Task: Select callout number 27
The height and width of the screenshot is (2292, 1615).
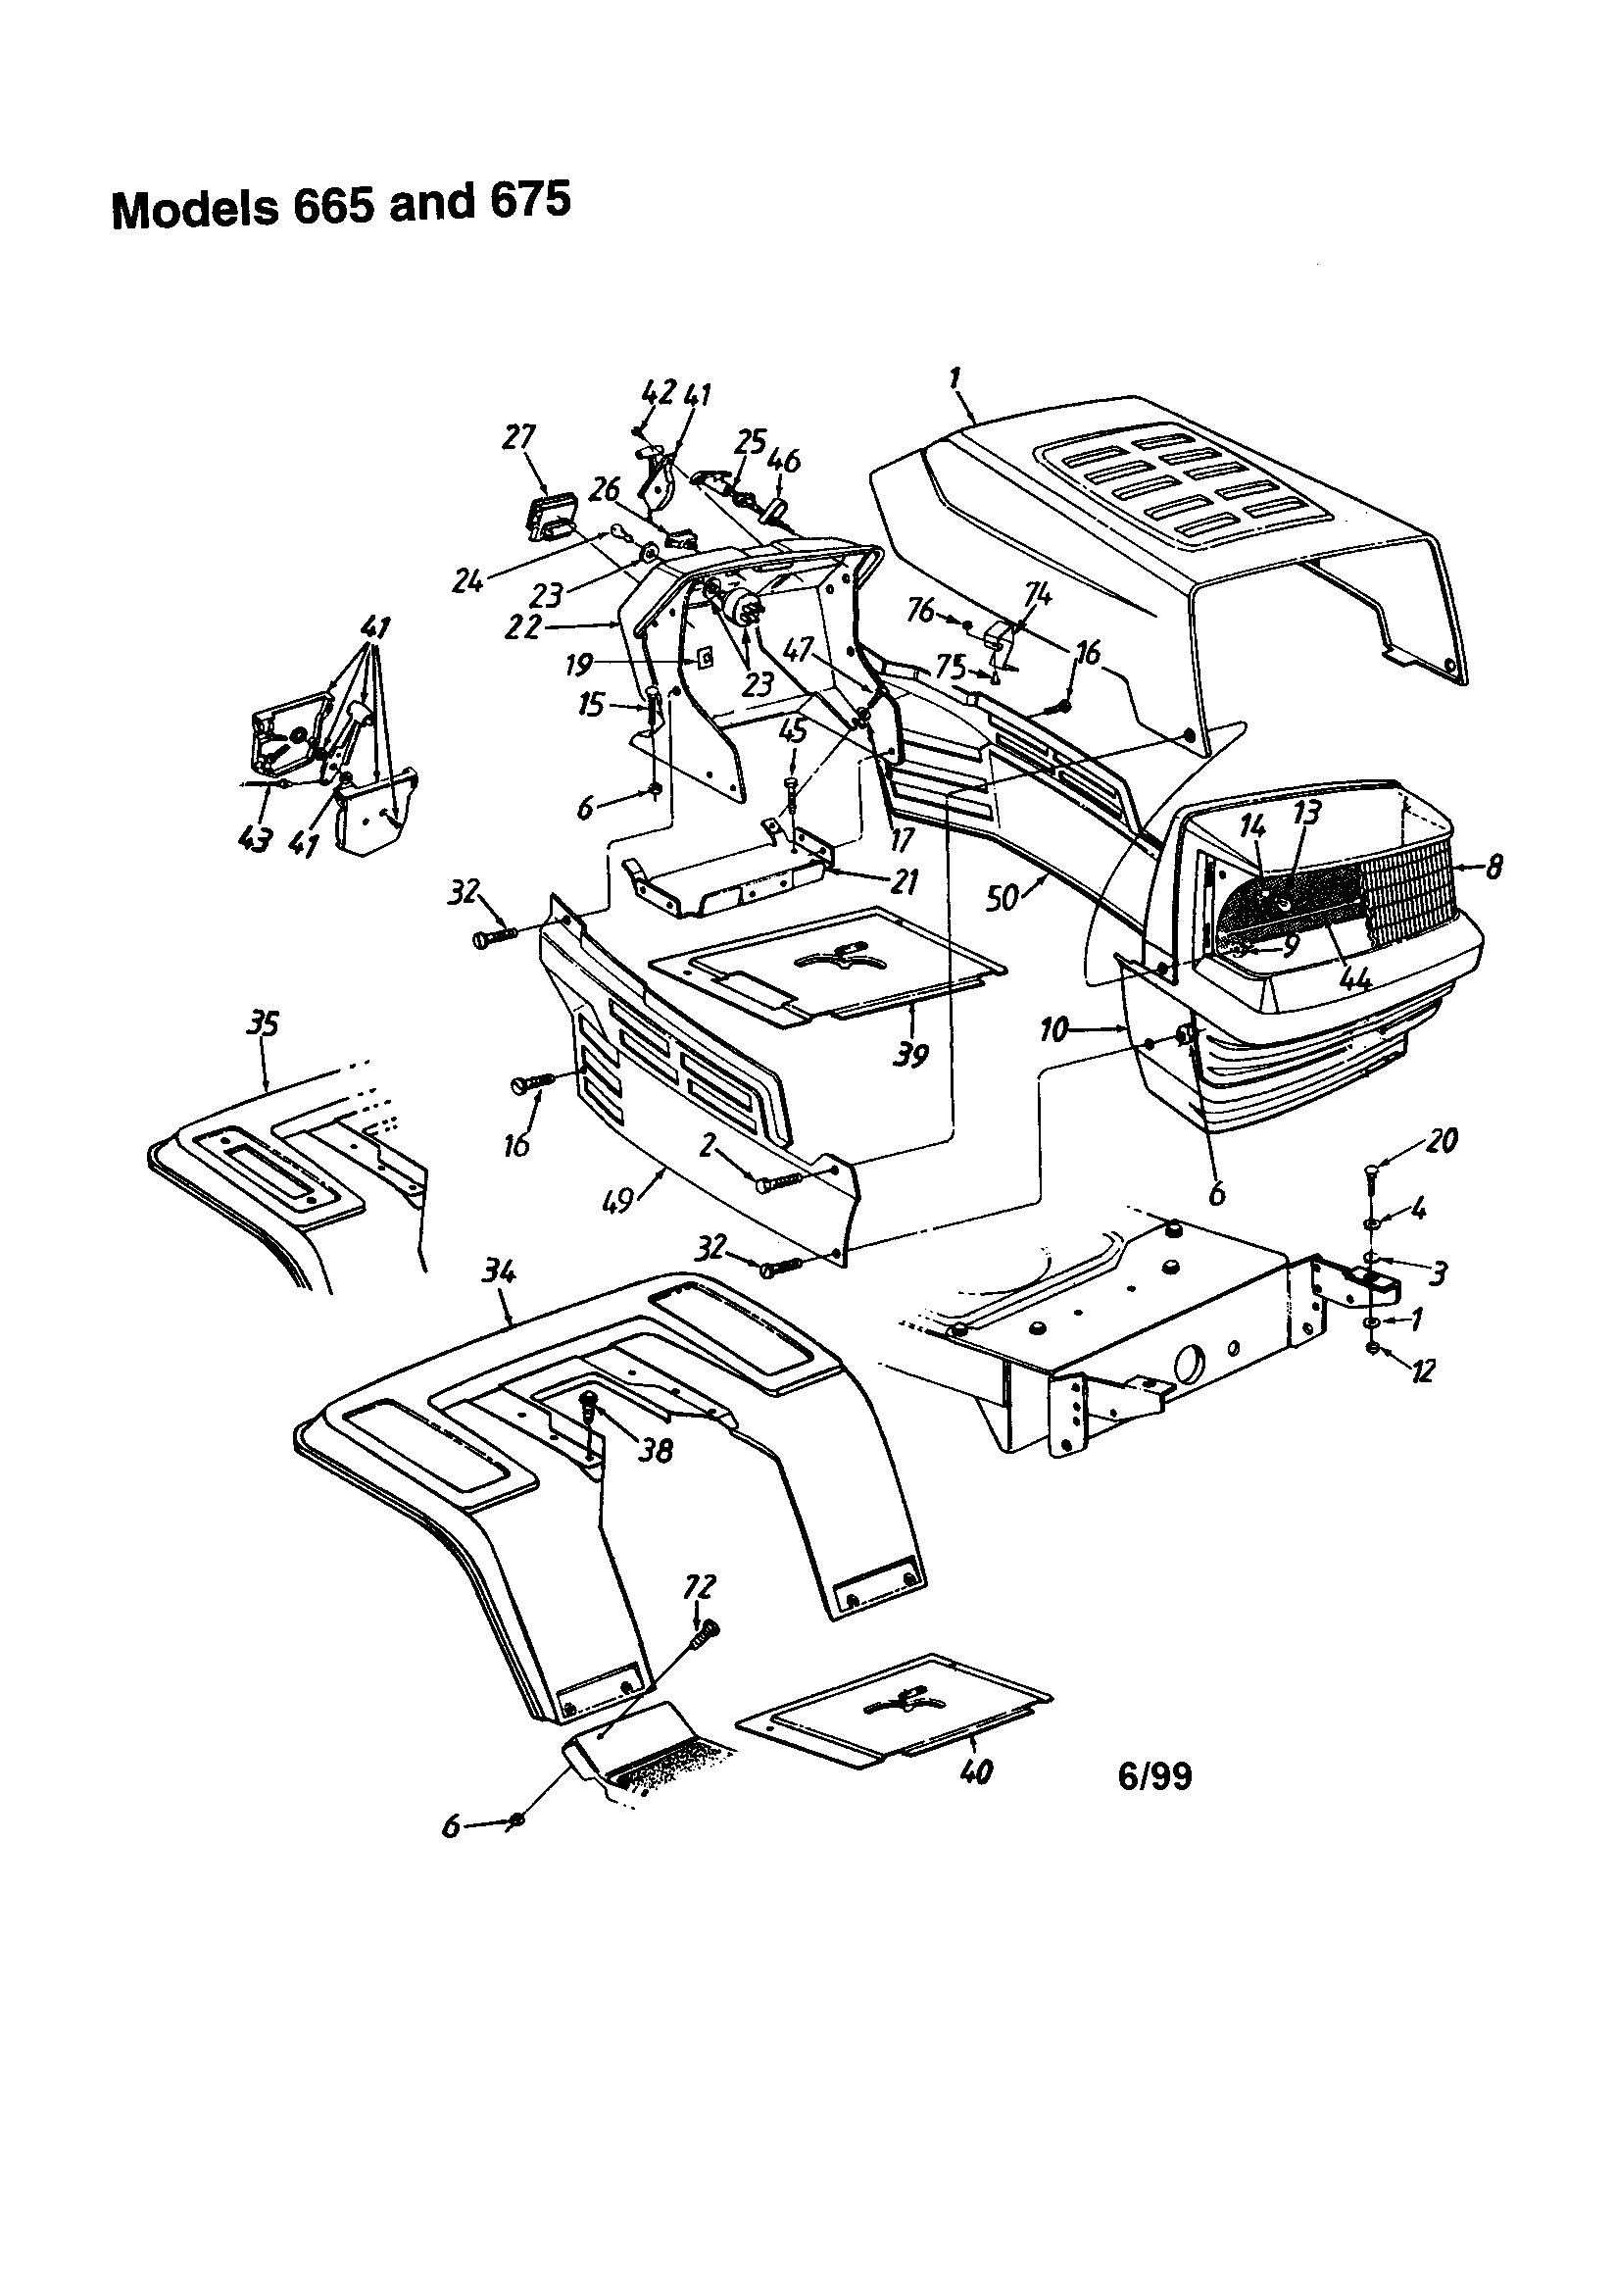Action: click(520, 437)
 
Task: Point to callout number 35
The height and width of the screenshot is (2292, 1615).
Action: click(264, 1023)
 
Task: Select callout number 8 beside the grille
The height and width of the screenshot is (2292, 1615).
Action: click(1493, 866)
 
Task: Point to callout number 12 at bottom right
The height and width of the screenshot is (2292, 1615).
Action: click(1422, 1370)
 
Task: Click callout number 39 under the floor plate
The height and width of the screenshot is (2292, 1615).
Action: click(910, 1055)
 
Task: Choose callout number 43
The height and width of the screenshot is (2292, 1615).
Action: click(255, 839)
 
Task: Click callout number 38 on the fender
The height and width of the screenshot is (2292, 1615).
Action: click(655, 1451)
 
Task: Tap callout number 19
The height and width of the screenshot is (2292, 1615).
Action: click(579, 663)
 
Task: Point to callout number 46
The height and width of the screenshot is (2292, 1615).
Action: click(785, 461)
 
